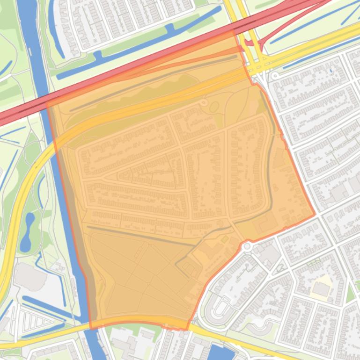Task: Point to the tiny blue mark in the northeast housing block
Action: [x=330, y=71]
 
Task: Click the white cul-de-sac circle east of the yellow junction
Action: [x=275, y=75]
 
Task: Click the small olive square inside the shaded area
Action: [x=224, y=239]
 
